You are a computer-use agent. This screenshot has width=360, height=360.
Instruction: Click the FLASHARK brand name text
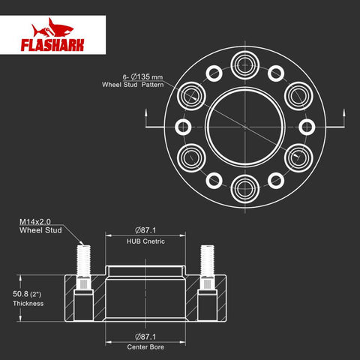[x=52, y=45]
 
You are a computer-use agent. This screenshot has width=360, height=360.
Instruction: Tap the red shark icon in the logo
[x=52, y=28]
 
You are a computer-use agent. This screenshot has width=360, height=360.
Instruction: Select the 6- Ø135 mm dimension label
[x=142, y=76]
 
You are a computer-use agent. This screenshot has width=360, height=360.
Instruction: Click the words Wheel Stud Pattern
[x=133, y=85]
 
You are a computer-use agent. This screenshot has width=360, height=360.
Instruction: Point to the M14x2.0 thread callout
[x=35, y=222]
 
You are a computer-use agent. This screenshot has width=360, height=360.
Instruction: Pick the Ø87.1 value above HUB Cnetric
[x=145, y=230]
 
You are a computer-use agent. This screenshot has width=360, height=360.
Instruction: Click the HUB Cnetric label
[x=145, y=241]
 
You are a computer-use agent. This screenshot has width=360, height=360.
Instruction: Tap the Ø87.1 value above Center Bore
[x=145, y=337]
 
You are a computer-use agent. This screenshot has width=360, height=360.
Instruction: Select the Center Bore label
[x=145, y=347]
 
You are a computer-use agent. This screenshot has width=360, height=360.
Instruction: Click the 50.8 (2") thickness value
[x=27, y=294]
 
